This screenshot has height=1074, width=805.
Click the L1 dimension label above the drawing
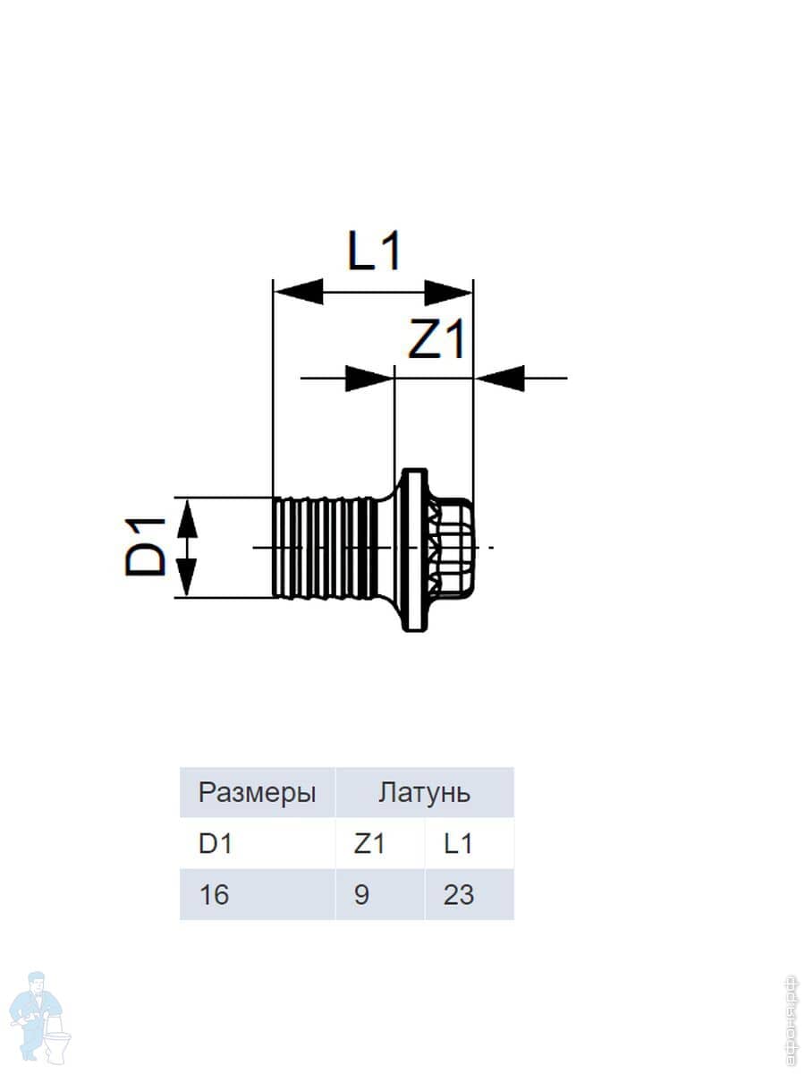pos(375,251)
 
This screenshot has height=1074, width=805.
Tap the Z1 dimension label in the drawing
pos(436,338)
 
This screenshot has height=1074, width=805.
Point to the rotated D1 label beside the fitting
pos(145,547)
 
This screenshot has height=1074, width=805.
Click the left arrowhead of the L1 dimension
pos(299,292)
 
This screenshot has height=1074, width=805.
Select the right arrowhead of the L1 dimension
pos(448,292)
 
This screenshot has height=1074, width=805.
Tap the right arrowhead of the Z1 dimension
pos(499,379)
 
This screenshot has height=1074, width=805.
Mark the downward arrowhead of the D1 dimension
pos(187,577)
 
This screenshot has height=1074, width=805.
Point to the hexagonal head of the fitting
pos(451,548)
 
